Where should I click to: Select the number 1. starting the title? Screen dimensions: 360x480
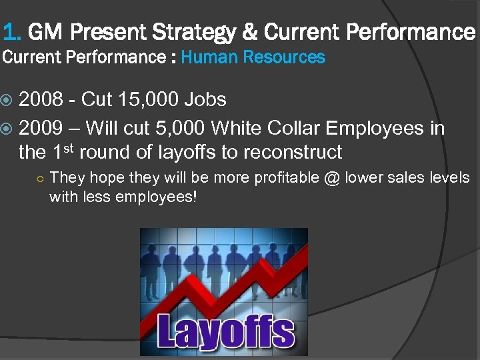[12, 32]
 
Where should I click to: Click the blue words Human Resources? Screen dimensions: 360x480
[253, 57]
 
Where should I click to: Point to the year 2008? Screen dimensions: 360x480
[39, 100]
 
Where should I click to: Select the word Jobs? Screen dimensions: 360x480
[205, 100]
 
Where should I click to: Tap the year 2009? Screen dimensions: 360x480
[39, 127]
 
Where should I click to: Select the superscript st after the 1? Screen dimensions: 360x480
[72, 147]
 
